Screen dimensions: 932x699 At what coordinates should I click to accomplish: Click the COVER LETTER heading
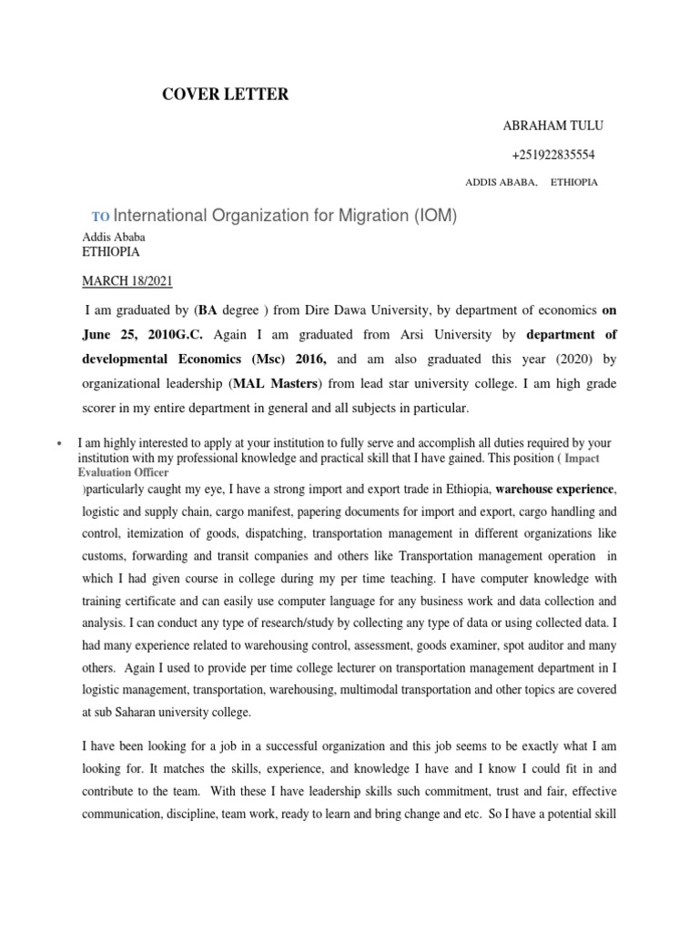[225, 94]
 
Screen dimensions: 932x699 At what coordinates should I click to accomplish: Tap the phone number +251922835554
[553, 155]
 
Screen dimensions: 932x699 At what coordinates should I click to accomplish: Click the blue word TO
[100, 217]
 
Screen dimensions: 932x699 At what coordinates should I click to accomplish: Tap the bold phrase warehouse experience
[555, 488]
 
